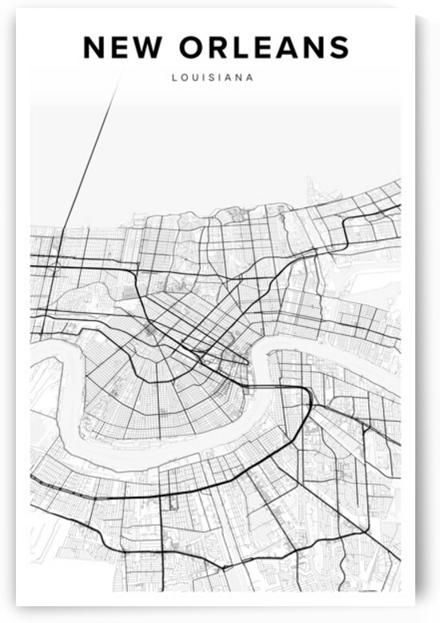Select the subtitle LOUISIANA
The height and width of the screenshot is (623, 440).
(x=213, y=78)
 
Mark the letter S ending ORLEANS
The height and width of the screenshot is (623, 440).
(x=339, y=48)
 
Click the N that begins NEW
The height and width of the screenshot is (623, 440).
(x=95, y=48)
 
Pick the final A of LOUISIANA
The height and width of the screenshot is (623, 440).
(x=251, y=78)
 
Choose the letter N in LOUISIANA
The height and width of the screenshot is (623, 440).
(x=241, y=78)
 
